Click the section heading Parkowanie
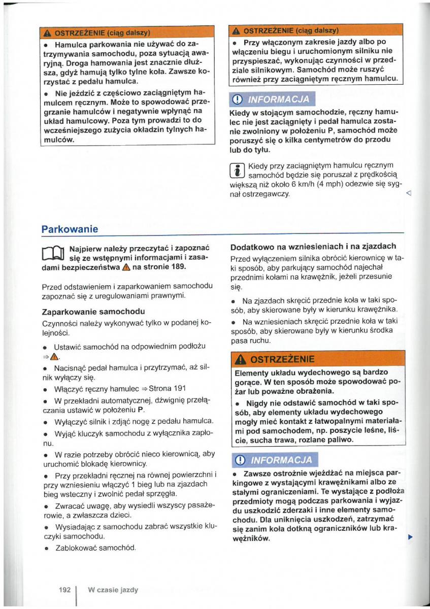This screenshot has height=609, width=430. click(x=70, y=229)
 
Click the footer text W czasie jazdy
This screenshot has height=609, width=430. click(x=113, y=590)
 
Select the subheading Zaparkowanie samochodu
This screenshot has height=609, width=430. click(x=93, y=311)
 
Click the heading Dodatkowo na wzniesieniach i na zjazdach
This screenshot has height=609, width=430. click(x=313, y=247)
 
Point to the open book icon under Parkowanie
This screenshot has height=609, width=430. click(x=52, y=252)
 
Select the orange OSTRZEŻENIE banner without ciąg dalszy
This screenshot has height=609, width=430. click(x=318, y=359)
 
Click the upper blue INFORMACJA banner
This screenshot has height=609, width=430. click(x=273, y=98)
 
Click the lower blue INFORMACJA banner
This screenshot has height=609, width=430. click(x=274, y=460)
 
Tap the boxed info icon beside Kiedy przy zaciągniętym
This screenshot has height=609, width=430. click(x=238, y=171)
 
